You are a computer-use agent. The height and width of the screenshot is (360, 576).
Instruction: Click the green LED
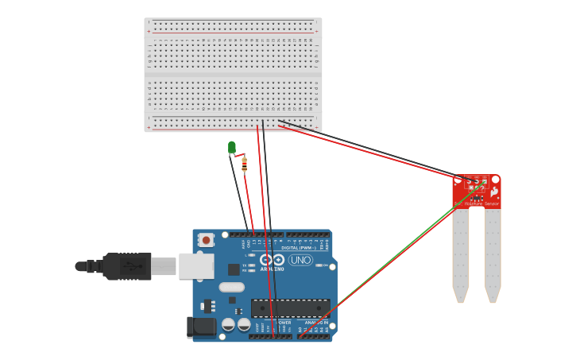(x=232, y=147)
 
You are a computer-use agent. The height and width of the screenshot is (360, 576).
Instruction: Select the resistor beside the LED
(x=244, y=165)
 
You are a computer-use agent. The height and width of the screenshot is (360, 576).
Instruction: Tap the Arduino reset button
(x=207, y=238)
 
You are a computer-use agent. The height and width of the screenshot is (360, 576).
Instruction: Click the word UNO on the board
(x=300, y=260)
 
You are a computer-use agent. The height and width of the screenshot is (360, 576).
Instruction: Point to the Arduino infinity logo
(x=272, y=259)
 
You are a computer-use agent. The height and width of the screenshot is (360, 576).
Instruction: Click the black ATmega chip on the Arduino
(x=290, y=308)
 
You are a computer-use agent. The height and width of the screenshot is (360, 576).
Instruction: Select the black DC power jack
(x=200, y=327)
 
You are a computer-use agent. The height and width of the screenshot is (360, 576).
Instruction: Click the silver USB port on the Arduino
(x=195, y=265)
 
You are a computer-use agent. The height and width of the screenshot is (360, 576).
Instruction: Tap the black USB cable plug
(x=127, y=266)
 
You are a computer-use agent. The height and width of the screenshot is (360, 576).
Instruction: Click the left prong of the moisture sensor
(x=461, y=254)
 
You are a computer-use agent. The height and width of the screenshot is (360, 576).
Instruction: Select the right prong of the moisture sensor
(x=493, y=254)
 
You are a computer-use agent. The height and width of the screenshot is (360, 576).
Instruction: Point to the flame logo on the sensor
(x=494, y=192)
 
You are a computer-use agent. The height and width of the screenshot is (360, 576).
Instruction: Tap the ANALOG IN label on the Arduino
(x=315, y=322)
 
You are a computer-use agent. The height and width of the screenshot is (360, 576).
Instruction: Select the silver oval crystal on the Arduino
(x=231, y=287)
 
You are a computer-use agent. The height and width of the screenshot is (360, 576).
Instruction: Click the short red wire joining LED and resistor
(x=238, y=155)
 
